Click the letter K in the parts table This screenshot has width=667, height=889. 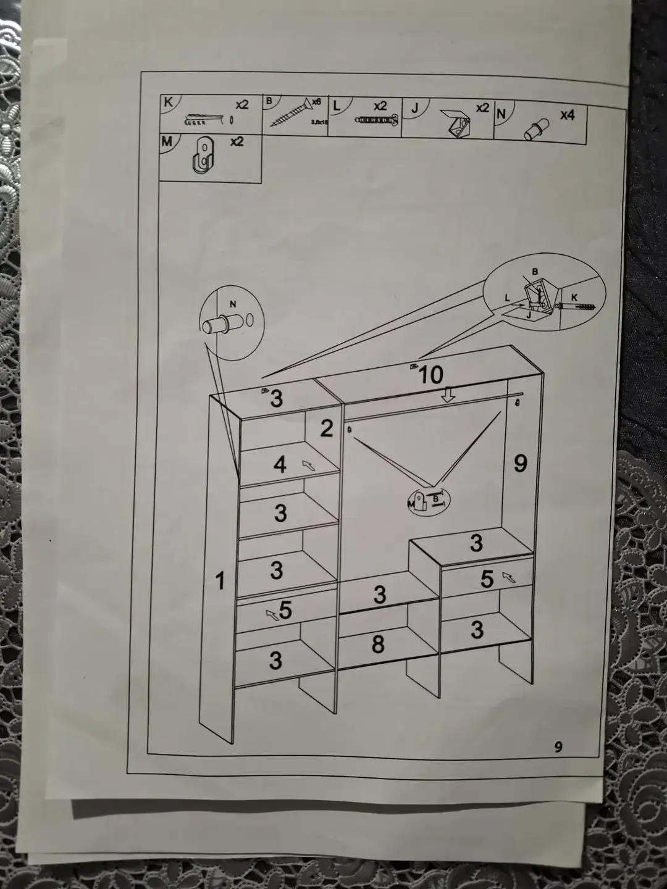coord(168,102)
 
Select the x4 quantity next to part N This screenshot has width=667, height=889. coord(567,115)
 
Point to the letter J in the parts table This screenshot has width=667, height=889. coord(415,108)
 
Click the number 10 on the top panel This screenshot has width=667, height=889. coord(430,375)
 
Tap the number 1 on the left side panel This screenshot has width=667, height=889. coord(220,581)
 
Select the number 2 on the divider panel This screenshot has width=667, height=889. coord(327,428)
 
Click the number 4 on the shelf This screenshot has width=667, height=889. coord(280,464)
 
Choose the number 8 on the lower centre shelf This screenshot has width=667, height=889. coord(378,645)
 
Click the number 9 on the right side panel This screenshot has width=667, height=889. coord(521,463)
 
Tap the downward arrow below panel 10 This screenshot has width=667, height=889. coord(448,395)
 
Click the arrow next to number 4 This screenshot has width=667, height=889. coord(308,465)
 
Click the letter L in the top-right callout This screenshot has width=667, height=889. coord(507,298)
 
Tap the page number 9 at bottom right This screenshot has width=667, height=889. coord(558,747)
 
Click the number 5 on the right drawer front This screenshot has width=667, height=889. coord(487,578)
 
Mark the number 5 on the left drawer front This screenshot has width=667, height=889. coord(285,610)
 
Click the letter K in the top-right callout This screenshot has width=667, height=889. coord(574,298)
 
